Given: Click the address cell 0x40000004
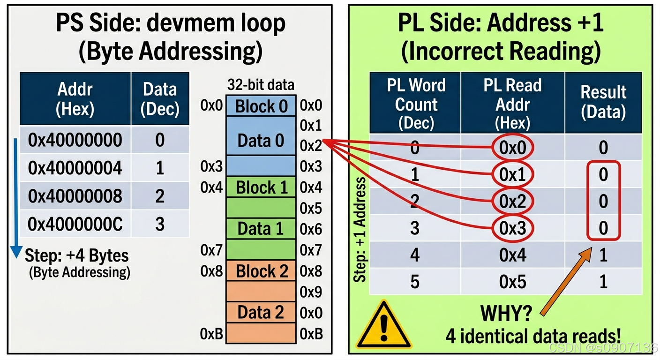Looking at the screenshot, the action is coord(75,168).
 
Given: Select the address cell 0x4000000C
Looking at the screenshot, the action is coord(75,224).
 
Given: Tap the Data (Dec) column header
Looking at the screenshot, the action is coord(160,99).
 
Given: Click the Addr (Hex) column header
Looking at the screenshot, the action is coord(75,99).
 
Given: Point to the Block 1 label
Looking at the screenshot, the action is coord(261,187).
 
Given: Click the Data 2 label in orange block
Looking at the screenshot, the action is coord(261,312).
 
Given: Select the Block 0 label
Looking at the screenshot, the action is coord(261,106).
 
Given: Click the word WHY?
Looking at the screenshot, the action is coord(505,313).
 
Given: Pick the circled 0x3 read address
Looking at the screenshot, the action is coord(512,228).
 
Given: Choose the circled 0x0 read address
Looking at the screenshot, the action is coord(512,148).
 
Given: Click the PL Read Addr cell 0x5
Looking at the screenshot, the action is coord(512,282).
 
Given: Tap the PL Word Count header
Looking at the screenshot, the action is coord(415,104).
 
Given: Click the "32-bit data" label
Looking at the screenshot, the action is coord(261,85).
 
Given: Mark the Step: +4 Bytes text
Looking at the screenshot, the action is coord(76,256).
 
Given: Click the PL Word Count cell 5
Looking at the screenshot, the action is coord(415,282).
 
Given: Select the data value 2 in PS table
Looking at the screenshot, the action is coord(160,196).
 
